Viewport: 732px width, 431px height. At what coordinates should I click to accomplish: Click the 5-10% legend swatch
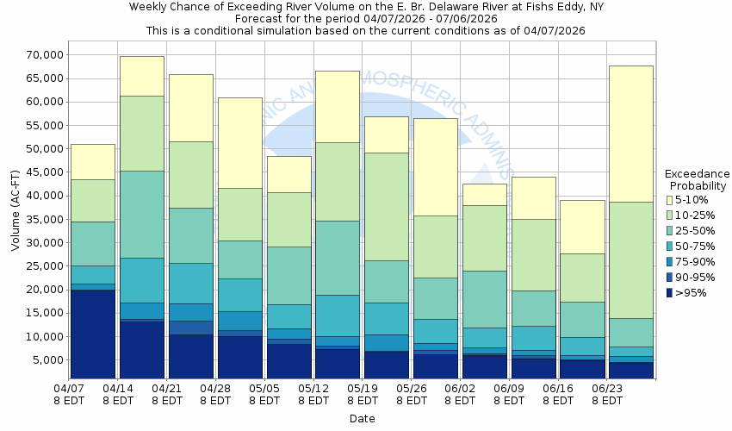670,200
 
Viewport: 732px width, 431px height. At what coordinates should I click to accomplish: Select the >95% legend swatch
670,293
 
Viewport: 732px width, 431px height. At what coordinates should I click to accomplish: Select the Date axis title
362,418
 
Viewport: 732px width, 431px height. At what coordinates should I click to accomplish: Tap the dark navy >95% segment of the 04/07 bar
92,334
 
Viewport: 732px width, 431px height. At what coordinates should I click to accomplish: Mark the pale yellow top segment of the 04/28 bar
239,142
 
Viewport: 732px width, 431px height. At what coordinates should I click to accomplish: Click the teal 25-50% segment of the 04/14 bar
141,214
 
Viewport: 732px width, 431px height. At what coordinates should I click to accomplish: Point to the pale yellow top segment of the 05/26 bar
435,166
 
